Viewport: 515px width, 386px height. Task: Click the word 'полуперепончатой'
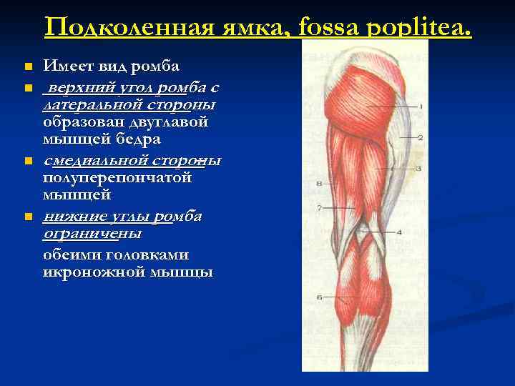[x=117, y=177]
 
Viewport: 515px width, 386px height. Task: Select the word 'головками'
[x=147, y=254]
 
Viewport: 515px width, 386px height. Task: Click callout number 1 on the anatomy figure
[x=421, y=107]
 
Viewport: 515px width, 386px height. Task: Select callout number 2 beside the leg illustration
[x=421, y=137]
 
